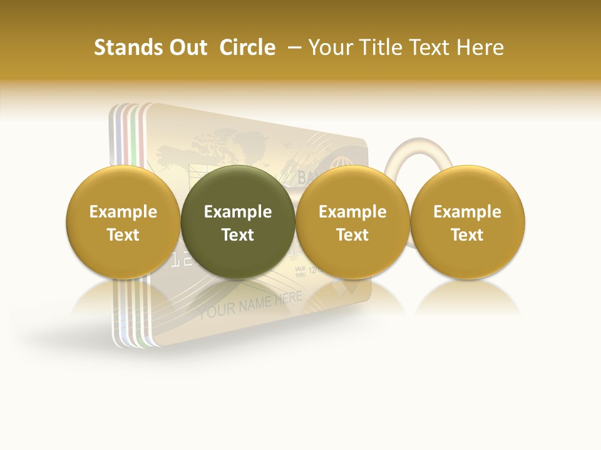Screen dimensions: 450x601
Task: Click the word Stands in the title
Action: (125, 47)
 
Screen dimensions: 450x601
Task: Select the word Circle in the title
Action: (247, 47)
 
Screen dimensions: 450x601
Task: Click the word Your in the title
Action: (329, 47)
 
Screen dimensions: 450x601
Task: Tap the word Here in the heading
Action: (480, 47)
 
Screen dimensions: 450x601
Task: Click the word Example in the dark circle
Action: (238, 212)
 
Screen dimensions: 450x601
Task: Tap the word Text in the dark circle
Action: (238, 235)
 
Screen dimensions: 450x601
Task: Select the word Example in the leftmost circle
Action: (123, 212)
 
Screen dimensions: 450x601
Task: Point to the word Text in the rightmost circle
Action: (468, 235)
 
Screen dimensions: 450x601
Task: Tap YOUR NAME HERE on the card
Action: (250, 305)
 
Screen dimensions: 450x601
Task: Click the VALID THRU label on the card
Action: (300, 272)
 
